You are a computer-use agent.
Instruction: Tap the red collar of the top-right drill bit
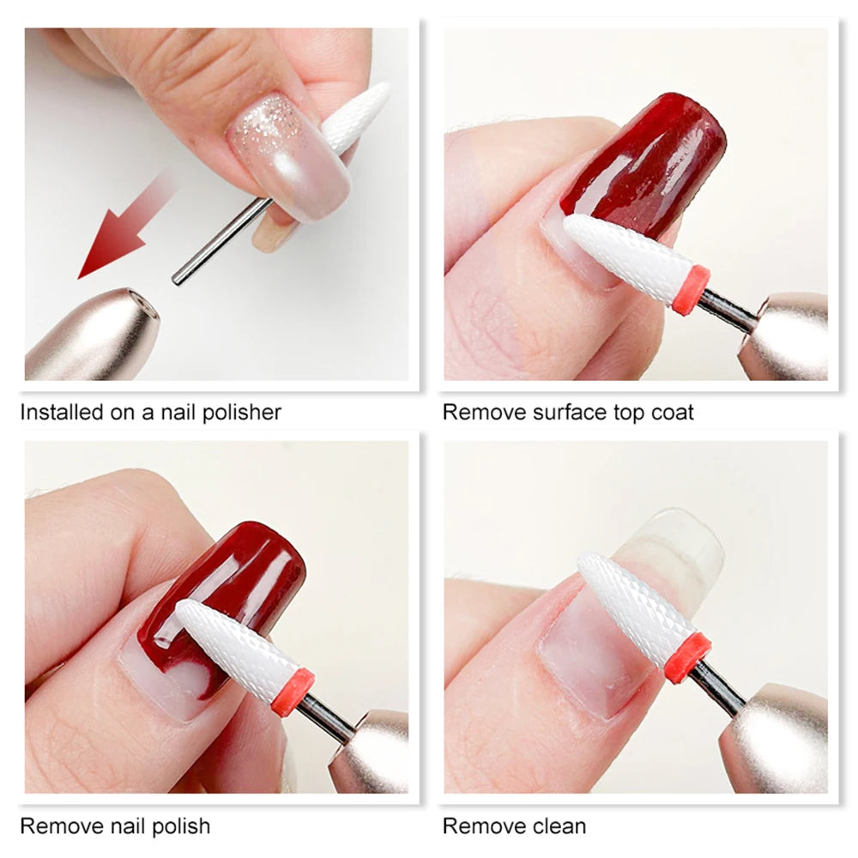[692, 290]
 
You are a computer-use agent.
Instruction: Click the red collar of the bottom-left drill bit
[293, 692]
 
